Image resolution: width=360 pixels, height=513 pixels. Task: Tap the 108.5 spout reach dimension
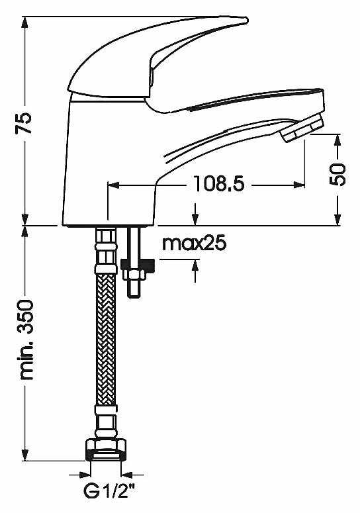tap(219, 183)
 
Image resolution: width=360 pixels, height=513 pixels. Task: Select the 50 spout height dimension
tap(339, 174)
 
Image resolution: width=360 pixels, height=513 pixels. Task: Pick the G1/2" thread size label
tap(109, 492)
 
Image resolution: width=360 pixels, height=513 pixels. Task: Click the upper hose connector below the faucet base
tap(106, 248)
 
